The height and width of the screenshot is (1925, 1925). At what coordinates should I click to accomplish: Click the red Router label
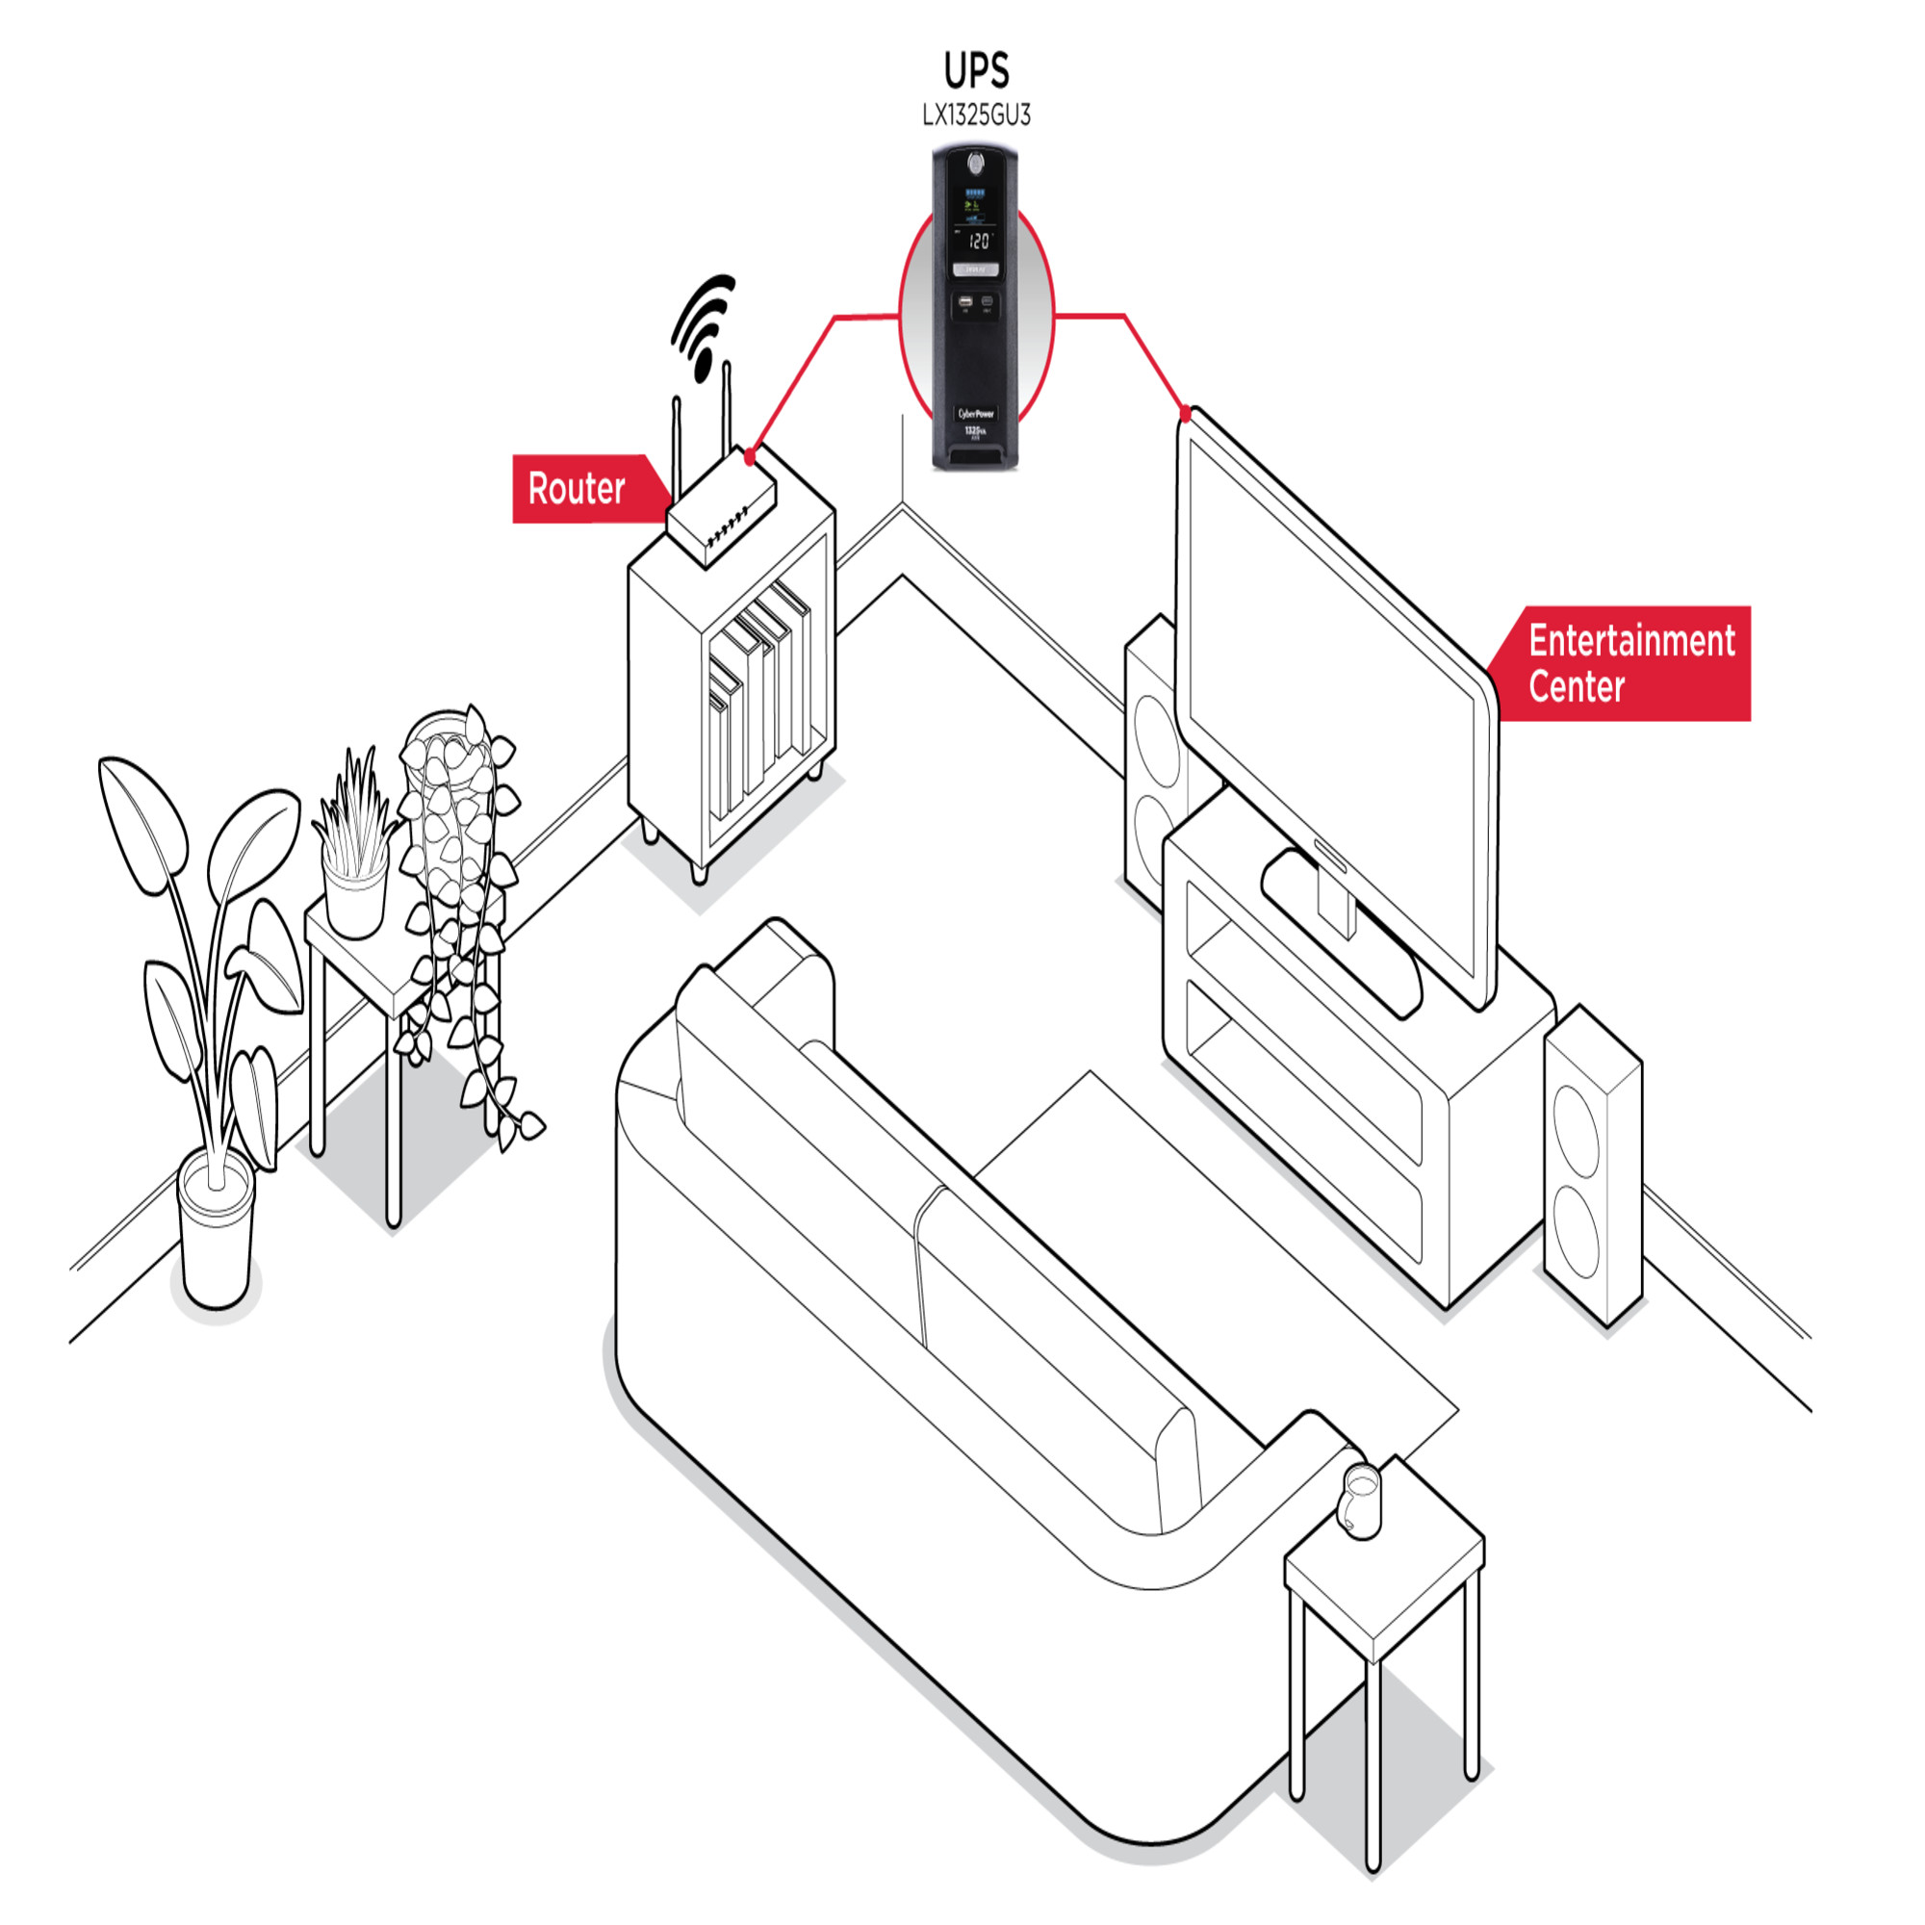[577, 489]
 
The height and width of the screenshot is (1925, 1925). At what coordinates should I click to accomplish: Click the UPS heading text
[976, 70]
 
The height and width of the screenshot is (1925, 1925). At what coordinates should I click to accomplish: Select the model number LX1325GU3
[976, 115]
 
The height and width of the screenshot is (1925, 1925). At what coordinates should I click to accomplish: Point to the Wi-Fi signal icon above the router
[706, 323]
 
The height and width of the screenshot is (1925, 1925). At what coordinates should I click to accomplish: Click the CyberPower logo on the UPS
[975, 414]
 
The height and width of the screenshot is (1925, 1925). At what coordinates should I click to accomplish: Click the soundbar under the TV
[1341, 933]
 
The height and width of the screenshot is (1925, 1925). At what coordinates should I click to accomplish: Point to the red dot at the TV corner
[1185, 413]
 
